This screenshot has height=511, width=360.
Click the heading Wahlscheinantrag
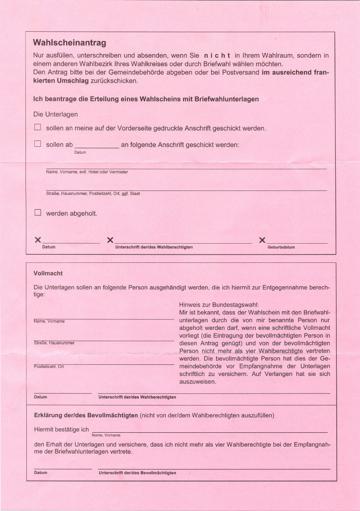69,43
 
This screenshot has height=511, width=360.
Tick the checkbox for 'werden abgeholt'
38,213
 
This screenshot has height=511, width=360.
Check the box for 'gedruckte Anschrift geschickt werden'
38,128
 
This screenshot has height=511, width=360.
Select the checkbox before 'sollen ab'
38,144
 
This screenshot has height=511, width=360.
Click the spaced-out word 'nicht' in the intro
217,56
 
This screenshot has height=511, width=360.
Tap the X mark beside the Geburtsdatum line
262,241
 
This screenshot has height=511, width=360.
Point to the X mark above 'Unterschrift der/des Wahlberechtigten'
110,241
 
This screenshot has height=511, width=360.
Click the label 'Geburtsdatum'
281,247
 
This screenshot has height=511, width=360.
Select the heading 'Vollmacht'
48,273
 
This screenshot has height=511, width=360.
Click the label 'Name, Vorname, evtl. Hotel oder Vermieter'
87,172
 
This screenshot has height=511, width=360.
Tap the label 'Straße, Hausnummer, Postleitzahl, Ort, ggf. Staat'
93,194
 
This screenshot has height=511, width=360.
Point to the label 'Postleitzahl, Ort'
49,367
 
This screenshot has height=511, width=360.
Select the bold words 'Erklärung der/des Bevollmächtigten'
86,415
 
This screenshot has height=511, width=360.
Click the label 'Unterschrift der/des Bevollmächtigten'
137,473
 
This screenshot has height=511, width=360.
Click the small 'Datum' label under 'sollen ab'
80,152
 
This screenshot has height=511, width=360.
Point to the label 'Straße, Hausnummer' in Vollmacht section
54,343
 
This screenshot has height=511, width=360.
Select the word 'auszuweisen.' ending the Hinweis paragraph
197,382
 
